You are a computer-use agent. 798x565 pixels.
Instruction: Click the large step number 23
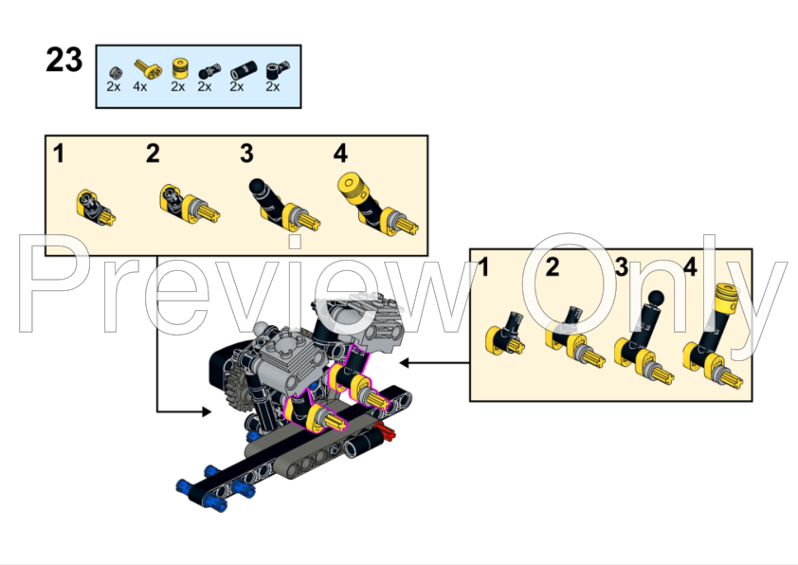pyautogui.click(x=64, y=60)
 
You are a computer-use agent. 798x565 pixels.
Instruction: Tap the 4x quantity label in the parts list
pyautogui.click(x=140, y=87)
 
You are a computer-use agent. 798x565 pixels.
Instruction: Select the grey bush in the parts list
pyautogui.click(x=114, y=71)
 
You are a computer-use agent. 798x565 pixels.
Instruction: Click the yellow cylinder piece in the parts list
pyautogui.click(x=178, y=68)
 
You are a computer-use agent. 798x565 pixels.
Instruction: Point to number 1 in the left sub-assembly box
pyautogui.click(x=60, y=153)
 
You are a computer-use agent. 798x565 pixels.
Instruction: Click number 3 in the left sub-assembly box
pyautogui.click(x=246, y=153)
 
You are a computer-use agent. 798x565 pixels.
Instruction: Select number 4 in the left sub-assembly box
pyautogui.click(x=340, y=153)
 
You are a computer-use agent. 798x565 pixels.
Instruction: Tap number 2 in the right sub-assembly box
pyautogui.click(x=553, y=266)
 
